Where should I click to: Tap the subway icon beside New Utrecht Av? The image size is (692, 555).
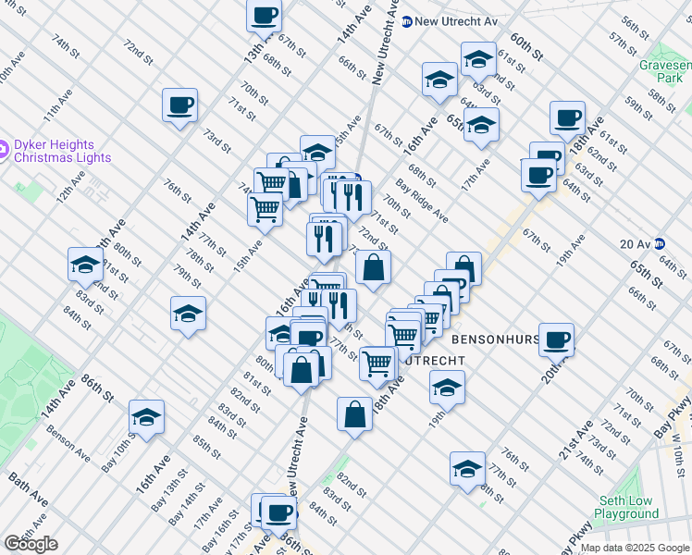pyautogui.click(x=407, y=20)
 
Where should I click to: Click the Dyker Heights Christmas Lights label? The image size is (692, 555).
pyautogui.click(x=62, y=151)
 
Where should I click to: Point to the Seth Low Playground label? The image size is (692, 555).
pyautogui.click(x=626, y=506)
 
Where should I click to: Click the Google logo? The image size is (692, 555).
pyautogui.click(x=31, y=544)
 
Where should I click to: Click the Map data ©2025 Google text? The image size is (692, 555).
pyautogui.click(x=635, y=548)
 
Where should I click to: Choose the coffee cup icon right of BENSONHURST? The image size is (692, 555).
pyautogui.click(x=556, y=339)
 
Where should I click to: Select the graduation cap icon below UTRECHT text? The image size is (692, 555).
pyautogui.click(x=447, y=388)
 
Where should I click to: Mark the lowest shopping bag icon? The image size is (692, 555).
pyautogui.click(x=354, y=413)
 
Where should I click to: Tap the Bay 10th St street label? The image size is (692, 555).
pyautogui.click(x=119, y=456)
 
